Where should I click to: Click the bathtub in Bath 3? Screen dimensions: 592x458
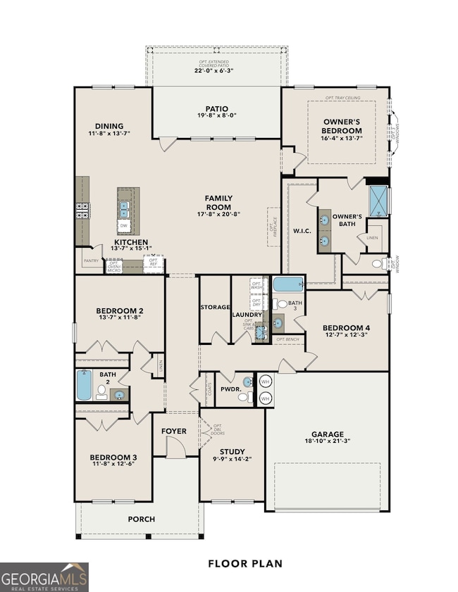[288, 285]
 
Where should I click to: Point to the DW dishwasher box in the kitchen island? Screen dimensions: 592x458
[123, 225]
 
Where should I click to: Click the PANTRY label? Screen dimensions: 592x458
[91, 260]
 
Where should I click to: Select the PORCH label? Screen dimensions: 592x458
[141, 519]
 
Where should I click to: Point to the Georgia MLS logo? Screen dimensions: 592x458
[44, 577]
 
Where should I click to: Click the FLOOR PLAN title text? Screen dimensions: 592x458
[245, 563]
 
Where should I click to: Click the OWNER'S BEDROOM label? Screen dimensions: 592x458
[342, 126]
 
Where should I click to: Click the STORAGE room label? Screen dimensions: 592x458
[214, 307]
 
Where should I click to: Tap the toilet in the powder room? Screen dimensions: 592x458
[243, 397]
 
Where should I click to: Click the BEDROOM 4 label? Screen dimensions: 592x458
[346, 328]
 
